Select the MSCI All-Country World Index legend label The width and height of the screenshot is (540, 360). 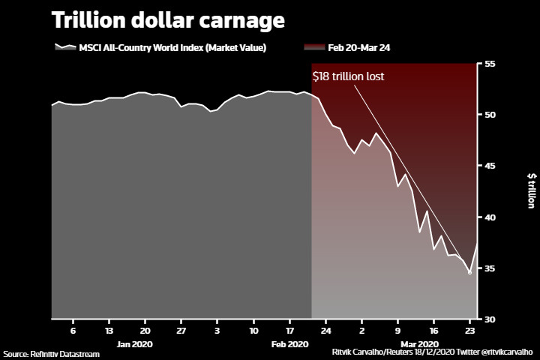point(172,47)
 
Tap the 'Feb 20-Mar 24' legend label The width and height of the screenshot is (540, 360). point(358,47)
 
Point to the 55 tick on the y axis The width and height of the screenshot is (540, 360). point(490,64)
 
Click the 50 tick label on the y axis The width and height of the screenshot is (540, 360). point(490,115)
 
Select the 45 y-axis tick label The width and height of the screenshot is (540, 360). point(490,166)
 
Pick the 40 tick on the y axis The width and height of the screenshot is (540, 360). point(490,217)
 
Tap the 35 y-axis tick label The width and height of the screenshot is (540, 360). point(490,268)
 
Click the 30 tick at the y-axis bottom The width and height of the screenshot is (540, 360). point(490,319)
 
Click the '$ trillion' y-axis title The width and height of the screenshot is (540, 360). point(531,190)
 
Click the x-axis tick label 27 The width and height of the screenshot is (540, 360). point(181,330)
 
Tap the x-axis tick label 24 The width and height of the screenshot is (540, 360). point(326,330)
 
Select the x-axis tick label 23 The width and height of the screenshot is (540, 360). point(470,330)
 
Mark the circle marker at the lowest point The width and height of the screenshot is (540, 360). point(470,273)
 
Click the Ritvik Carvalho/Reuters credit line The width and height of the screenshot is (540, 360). point(432,351)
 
